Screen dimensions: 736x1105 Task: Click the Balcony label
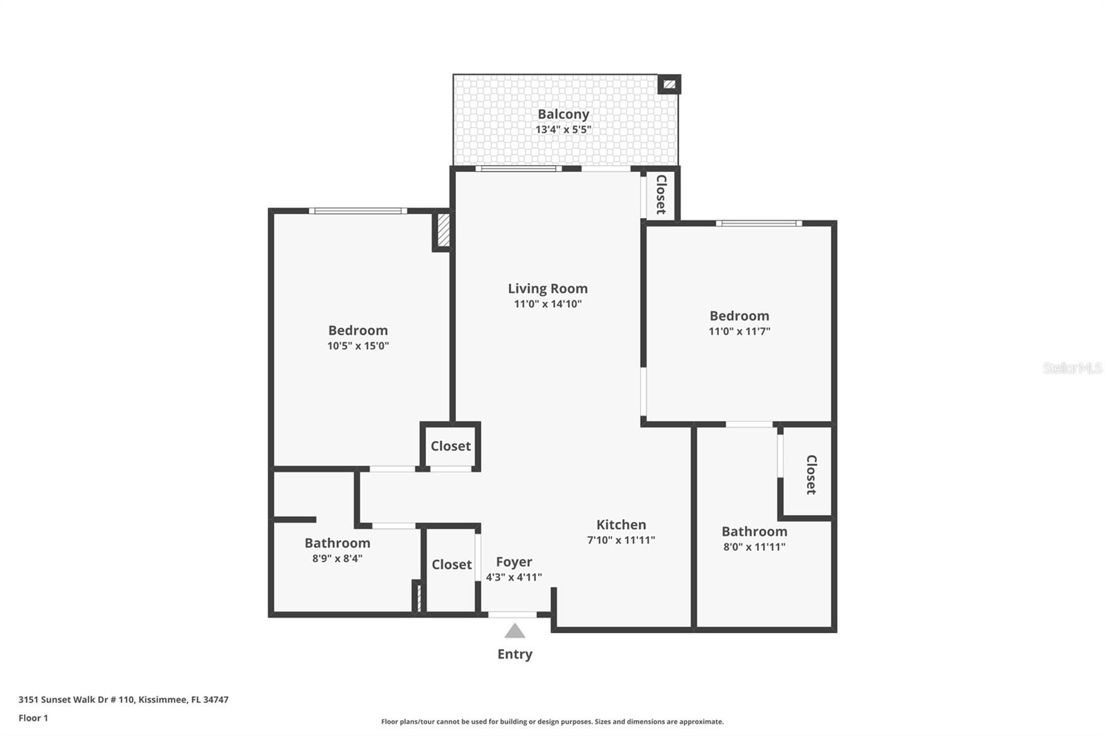point(563,114)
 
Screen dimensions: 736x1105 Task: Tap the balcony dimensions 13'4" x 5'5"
point(563,130)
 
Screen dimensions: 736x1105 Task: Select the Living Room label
point(548,289)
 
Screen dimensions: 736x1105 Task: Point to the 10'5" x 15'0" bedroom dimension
point(358,346)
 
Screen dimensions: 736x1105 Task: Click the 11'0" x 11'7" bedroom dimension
point(739,331)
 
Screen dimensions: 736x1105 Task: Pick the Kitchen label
point(621,525)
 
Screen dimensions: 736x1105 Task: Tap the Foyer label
point(514,562)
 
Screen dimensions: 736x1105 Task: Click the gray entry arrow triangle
point(515,631)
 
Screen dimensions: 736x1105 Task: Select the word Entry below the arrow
point(515,654)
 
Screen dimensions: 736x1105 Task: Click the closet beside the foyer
point(451,565)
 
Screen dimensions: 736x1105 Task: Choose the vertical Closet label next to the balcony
point(661,195)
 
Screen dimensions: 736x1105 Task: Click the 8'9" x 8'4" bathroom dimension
point(337,559)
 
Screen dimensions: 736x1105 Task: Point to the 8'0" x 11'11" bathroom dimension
point(754,547)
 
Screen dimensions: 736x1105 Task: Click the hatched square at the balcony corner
point(669,84)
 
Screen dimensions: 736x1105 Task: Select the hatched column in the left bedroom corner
point(443,231)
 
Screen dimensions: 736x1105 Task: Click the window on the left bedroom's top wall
point(357,211)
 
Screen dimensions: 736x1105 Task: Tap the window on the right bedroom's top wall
point(758,223)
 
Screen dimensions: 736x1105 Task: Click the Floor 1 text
point(33,718)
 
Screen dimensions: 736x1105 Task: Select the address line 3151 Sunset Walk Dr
point(123,699)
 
